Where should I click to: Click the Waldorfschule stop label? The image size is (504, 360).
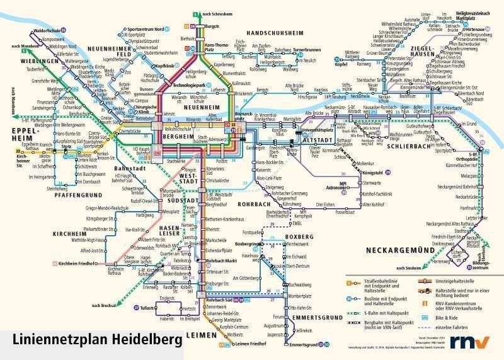[x=48, y=30]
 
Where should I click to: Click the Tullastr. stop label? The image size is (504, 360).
[x=149, y=308]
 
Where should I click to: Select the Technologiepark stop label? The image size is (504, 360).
[x=190, y=84]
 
